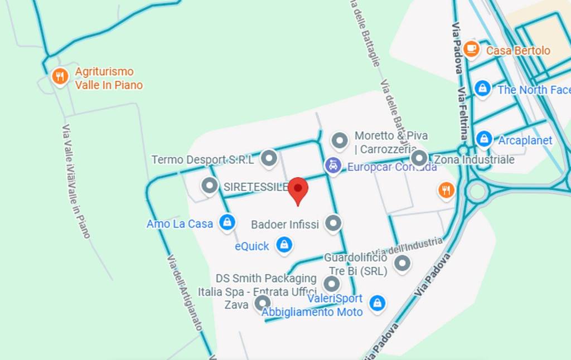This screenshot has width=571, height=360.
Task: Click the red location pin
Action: click(298, 190)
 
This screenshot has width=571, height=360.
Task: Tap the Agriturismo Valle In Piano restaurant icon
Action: click(60, 76)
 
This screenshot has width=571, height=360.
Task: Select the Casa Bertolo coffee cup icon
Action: click(471, 49)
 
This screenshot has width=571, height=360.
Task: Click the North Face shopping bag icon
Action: click(482, 88)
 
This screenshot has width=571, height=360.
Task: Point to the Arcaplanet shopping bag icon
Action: click(484, 139)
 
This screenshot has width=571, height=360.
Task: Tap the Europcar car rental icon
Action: click(333, 165)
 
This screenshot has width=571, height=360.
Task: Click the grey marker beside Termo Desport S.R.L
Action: click(269, 158)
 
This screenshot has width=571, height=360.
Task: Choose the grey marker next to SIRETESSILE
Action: click(210, 186)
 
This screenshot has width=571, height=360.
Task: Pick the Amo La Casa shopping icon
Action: click(226, 223)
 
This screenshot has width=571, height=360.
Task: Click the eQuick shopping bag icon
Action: click(284, 244)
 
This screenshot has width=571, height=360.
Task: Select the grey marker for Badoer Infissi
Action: click(333, 223)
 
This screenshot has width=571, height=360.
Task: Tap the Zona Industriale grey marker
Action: click(419, 158)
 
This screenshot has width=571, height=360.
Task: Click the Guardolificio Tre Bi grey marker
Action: click(402, 264)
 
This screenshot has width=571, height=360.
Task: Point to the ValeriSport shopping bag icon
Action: click(378, 303)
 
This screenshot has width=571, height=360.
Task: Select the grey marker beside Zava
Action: click(262, 303)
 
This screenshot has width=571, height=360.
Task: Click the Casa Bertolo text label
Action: click(518, 51)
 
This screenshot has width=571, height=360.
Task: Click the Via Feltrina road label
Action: click(462, 114)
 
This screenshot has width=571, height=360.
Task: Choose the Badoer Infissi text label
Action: click(285, 225)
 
